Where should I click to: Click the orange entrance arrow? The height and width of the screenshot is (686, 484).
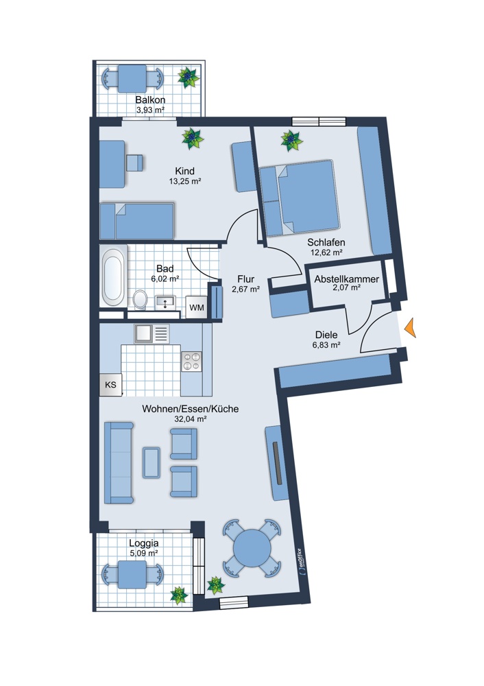pyautogui.click(x=411, y=328)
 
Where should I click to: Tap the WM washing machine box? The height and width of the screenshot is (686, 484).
pyautogui.click(x=196, y=307)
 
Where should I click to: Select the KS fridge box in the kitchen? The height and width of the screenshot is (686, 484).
pyautogui.click(x=110, y=385)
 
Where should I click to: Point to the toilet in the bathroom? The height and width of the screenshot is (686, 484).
pyautogui.click(x=141, y=299)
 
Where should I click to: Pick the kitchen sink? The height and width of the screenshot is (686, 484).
pyautogui.click(x=152, y=334)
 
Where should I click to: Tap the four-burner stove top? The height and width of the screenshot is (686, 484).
pyautogui.click(x=191, y=362)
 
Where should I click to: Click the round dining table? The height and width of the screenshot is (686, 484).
pyautogui.click(x=252, y=548)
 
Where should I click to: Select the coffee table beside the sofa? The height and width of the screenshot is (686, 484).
pyautogui.click(x=152, y=462)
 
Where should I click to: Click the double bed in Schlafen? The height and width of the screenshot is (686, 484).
pyautogui.click(x=300, y=197)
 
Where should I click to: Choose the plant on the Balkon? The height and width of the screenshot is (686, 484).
pyautogui.click(x=189, y=78)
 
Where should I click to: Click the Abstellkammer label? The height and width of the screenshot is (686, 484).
pyautogui.click(x=347, y=279)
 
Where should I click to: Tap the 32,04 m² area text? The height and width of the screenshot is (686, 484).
pyautogui.click(x=190, y=419)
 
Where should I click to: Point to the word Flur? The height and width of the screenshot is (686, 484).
pyautogui.click(x=245, y=279)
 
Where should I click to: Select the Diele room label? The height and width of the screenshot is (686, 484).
pyautogui.click(x=326, y=335)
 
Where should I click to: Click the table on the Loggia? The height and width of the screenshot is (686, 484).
pyautogui.click(x=132, y=574)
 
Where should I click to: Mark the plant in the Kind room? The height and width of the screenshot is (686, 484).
pyautogui.click(x=193, y=139)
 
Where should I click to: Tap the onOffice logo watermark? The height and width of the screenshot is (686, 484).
pyautogui.click(x=301, y=561)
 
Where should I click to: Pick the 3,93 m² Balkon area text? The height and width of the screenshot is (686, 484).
pyautogui.click(x=150, y=110)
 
